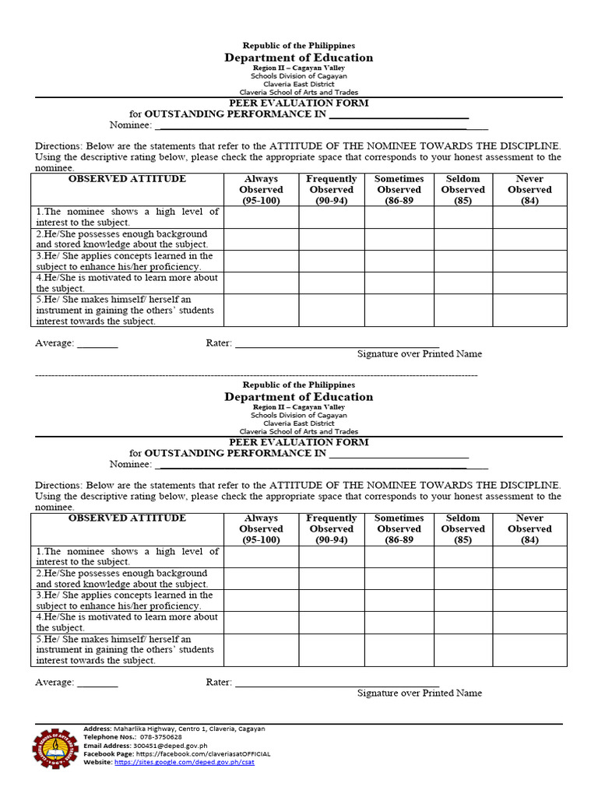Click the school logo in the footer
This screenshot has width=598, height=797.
point(55,748)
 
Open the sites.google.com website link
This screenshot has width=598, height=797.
point(184,762)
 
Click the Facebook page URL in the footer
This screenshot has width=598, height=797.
point(202,754)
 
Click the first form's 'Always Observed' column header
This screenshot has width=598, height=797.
point(261,190)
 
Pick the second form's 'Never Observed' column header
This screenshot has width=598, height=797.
point(529,529)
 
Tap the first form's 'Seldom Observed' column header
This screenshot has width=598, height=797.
point(463,190)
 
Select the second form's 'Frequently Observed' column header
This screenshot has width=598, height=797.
point(331,529)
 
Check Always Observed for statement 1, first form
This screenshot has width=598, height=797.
point(261,217)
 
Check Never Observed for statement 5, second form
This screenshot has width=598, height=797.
point(529,650)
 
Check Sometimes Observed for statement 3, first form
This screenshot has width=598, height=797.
point(399,261)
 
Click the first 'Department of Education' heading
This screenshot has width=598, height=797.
point(298,58)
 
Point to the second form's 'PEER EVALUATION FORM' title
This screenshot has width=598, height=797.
point(298,442)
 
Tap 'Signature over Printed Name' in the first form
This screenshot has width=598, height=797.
point(419,354)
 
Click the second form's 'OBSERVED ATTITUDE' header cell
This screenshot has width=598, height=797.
point(127,518)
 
